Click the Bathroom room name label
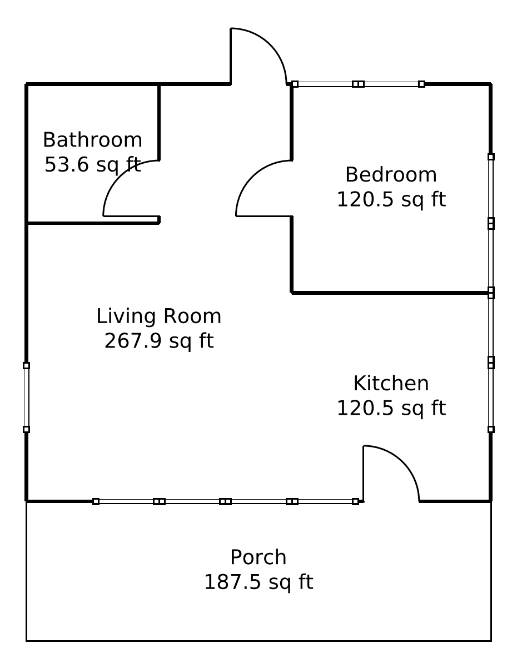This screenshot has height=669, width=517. (x=92, y=140)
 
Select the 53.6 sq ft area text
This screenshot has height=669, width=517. (x=92, y=164)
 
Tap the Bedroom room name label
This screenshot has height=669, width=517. (x=391, y=174)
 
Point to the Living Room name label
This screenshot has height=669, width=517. (x=158, y=316)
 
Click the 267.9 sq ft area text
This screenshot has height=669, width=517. (x=158, y=340)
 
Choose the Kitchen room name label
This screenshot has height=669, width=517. (x=391, y=383)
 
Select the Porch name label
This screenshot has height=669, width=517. (x=258, y=557)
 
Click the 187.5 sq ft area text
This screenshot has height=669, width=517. (x=258, y=582)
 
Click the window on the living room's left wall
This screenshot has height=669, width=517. (x=26, y=397)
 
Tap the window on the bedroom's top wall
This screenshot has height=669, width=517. (x=358, y=84)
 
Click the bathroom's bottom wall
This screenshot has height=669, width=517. (x=92, y=223)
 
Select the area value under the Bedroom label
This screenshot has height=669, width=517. (x=391, y=199)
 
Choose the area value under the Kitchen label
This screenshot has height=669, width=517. (x=391, y=408)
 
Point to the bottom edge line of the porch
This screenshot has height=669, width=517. (x=258, y=641)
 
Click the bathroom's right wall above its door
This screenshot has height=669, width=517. (x=159, y=122)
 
